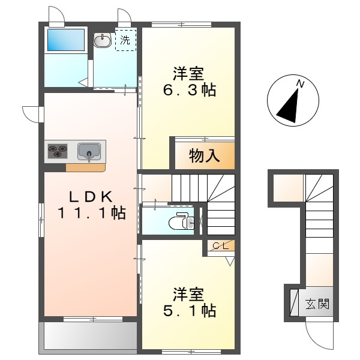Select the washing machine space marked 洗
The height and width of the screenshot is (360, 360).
click(x=125, y=40)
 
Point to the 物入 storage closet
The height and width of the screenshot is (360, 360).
click(x=204, y=156)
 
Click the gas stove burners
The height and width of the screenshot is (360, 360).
click(x=58, y=151)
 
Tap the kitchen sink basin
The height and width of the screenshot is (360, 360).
click(x=89, y=150)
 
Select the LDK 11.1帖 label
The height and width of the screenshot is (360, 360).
click(x=91, y=204)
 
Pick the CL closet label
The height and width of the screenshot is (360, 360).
click(x=221, y=245)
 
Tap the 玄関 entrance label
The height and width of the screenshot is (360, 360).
click(x=316, y=304)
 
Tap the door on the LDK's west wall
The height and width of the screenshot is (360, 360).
click(x=31, y=113)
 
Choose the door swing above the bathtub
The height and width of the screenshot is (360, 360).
click(x=56, y=13)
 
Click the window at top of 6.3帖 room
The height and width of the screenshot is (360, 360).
click(x=181, y=25)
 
